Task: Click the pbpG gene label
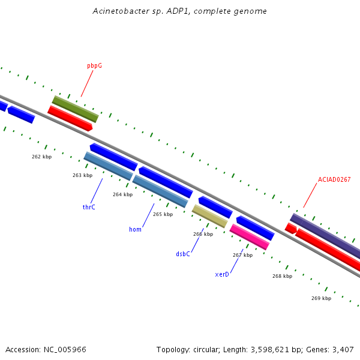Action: point(94,66)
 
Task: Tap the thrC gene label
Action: point(89,207)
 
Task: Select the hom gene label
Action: point(135,229)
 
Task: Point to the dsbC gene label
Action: point(183,254)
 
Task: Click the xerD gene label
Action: point(222,274)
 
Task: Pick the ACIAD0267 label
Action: point(334,179)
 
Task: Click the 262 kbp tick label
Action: point(42,157)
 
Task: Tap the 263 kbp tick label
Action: point(83,175)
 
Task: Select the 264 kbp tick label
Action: point(123,194)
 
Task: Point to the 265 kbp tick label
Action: point(163,214)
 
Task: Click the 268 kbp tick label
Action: point(283,276)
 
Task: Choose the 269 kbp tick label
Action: point(322,298)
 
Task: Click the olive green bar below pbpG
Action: point(76,109)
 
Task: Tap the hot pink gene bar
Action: point(250,237)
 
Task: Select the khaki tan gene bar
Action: point(210,216)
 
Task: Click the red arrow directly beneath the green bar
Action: point(70,118)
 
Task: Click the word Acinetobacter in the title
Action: point(121,11)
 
